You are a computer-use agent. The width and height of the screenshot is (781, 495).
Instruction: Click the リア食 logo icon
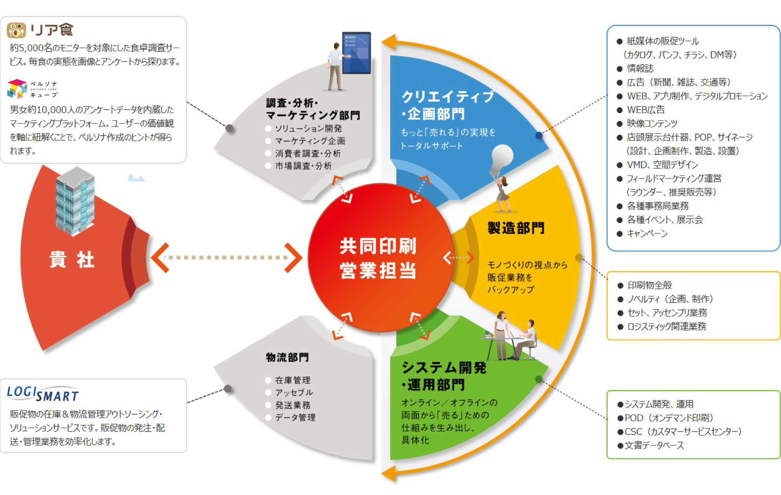click(16, 30)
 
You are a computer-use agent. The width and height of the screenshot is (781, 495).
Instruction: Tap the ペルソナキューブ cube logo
click(17, 89)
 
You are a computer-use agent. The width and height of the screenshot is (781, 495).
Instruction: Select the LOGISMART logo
click(43, 393)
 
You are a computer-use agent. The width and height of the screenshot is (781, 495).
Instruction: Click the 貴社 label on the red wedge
click(72, 260)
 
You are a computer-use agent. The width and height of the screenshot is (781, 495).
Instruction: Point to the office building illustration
click(75, 201)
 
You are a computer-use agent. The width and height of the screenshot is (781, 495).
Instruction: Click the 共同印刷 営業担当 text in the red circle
click(378, 258)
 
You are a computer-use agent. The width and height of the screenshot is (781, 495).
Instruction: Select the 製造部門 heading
click(516, 228)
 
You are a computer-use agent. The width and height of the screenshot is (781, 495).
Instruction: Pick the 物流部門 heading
click(287, 357)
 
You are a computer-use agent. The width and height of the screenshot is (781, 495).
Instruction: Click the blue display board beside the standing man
click(357, 53)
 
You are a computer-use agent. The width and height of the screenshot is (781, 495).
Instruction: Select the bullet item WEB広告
click(646, 110)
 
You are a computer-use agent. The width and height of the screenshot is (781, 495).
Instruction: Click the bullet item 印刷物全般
click(650, 285)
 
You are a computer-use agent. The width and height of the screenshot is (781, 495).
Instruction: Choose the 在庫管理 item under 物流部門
click(292, 380)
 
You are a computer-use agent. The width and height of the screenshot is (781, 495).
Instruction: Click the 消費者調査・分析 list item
click(307, 154)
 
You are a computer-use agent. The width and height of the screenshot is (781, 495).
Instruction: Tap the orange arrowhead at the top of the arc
click(389, 41)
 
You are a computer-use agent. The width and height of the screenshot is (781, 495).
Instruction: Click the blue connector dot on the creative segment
click(539, 136)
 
